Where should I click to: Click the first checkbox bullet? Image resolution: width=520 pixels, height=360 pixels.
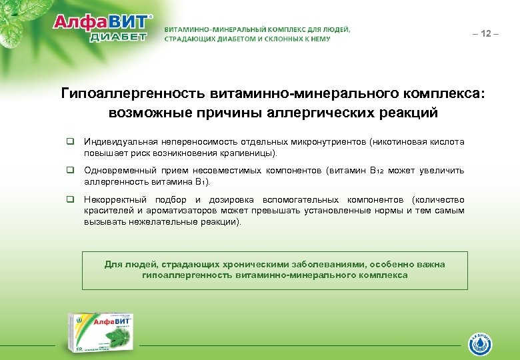69,142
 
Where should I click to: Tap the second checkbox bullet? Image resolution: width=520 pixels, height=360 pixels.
69,171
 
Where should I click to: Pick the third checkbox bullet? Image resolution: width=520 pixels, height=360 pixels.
69,199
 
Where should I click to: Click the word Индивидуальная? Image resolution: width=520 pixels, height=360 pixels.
119,142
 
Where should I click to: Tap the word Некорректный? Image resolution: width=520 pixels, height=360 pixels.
114,199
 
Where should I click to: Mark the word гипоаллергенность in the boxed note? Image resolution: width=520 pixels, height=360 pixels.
187,275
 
